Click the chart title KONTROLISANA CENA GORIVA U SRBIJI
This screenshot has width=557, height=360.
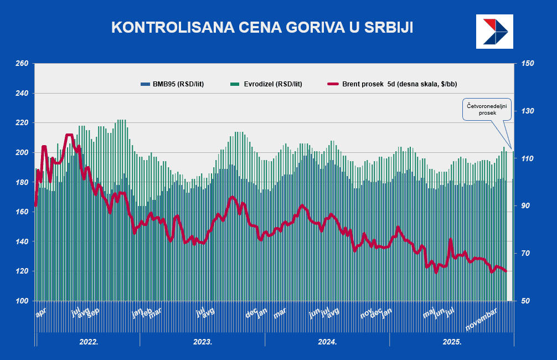262,28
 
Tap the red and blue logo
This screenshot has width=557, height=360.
494,31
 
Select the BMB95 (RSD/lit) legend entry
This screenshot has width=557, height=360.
173,84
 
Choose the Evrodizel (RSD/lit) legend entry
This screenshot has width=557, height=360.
266,84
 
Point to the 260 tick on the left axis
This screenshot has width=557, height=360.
21,64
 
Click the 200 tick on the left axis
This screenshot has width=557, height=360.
21,152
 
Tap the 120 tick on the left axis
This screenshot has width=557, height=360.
21,271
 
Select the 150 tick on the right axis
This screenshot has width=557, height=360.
527,64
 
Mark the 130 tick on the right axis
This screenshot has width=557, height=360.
527,111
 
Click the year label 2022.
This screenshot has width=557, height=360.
89,342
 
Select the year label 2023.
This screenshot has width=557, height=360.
203,342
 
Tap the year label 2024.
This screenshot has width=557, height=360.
327,342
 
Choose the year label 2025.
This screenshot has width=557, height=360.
452,342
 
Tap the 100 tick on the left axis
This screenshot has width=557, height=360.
21,301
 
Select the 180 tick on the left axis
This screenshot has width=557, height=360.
21,182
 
